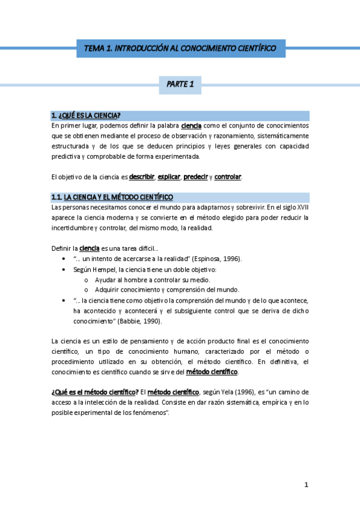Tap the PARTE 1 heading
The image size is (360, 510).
point(180,85)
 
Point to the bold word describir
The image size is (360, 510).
point(142,177)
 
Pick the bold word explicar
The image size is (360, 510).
point(168,177)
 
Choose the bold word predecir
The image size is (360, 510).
point(195,177)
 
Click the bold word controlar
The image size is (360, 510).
point(228,177)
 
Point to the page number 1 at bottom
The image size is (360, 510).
point(306,485)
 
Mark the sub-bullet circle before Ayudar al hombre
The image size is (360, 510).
point(87,280)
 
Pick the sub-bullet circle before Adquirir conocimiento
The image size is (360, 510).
point(87,290)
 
